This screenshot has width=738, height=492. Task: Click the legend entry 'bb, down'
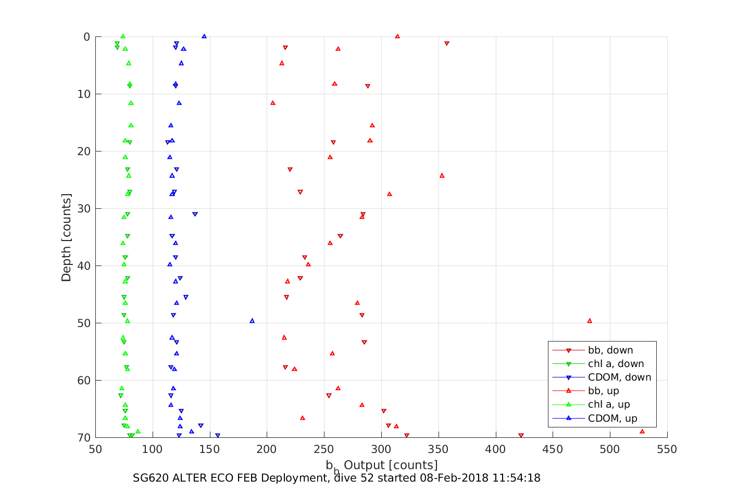610,350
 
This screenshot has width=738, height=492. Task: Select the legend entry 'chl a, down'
616,364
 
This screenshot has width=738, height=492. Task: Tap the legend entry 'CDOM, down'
619,377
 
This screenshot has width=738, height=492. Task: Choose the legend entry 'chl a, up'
609,405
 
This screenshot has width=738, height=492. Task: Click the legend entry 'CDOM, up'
612,418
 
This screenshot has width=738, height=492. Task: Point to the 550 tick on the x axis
667,449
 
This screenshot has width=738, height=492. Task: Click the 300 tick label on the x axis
381,449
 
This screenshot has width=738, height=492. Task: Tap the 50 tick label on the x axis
95,449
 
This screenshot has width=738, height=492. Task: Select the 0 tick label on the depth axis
86,37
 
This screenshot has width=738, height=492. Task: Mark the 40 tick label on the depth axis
83,266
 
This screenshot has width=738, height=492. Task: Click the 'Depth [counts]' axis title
66,237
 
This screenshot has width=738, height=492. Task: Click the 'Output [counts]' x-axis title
391,465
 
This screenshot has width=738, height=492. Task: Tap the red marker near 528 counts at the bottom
642,431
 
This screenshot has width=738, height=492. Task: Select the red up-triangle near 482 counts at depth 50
590,321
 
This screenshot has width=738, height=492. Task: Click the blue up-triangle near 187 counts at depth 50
252,321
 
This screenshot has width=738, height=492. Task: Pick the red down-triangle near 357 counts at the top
446,43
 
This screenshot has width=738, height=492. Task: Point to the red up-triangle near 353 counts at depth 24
442,175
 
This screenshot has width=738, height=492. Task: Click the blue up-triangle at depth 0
204,36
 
